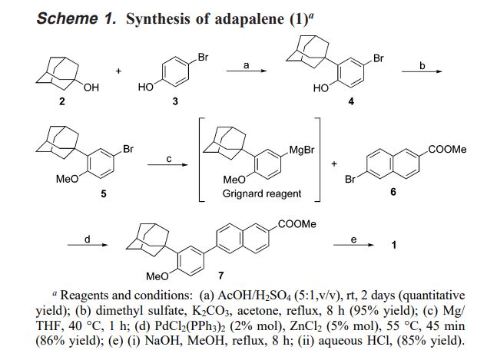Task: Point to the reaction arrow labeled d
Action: click(x=87, y=245)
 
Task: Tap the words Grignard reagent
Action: click(x=261, y=194)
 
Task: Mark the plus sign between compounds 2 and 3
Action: click(x=119, y=71)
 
